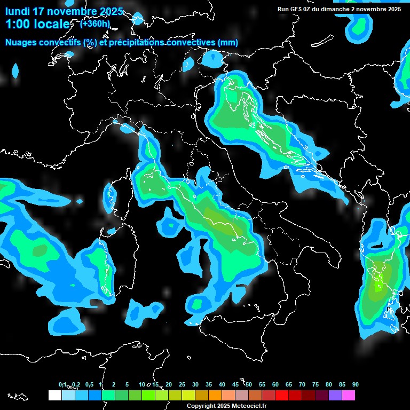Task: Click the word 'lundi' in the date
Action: click(17, 11)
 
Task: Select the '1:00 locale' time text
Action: click(37, 24)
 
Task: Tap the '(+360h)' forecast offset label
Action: click(95, 23)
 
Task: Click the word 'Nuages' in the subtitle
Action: click(22, 43)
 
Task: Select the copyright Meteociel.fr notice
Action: click(227, 406)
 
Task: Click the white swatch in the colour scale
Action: click(54, 395)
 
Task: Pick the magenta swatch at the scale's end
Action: click(349, 395)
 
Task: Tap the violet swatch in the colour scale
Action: click(335, 395)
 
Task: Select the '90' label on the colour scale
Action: click(356, 384)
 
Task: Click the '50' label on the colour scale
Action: click(249, 384)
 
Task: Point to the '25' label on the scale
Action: click(182, 384)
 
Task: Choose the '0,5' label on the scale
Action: click(89, 384)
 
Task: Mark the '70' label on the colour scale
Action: click(302, 384)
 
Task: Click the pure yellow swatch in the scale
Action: click(188, 395)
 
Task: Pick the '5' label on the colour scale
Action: click(127, 384)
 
